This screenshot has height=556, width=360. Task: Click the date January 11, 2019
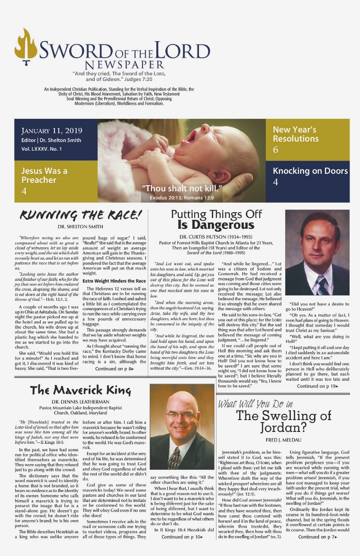point(52,131)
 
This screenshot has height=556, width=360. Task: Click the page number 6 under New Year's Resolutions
point(276,150)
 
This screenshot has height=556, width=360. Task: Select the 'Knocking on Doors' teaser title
point(310,170)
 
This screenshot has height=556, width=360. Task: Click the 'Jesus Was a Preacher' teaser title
point(45,175)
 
